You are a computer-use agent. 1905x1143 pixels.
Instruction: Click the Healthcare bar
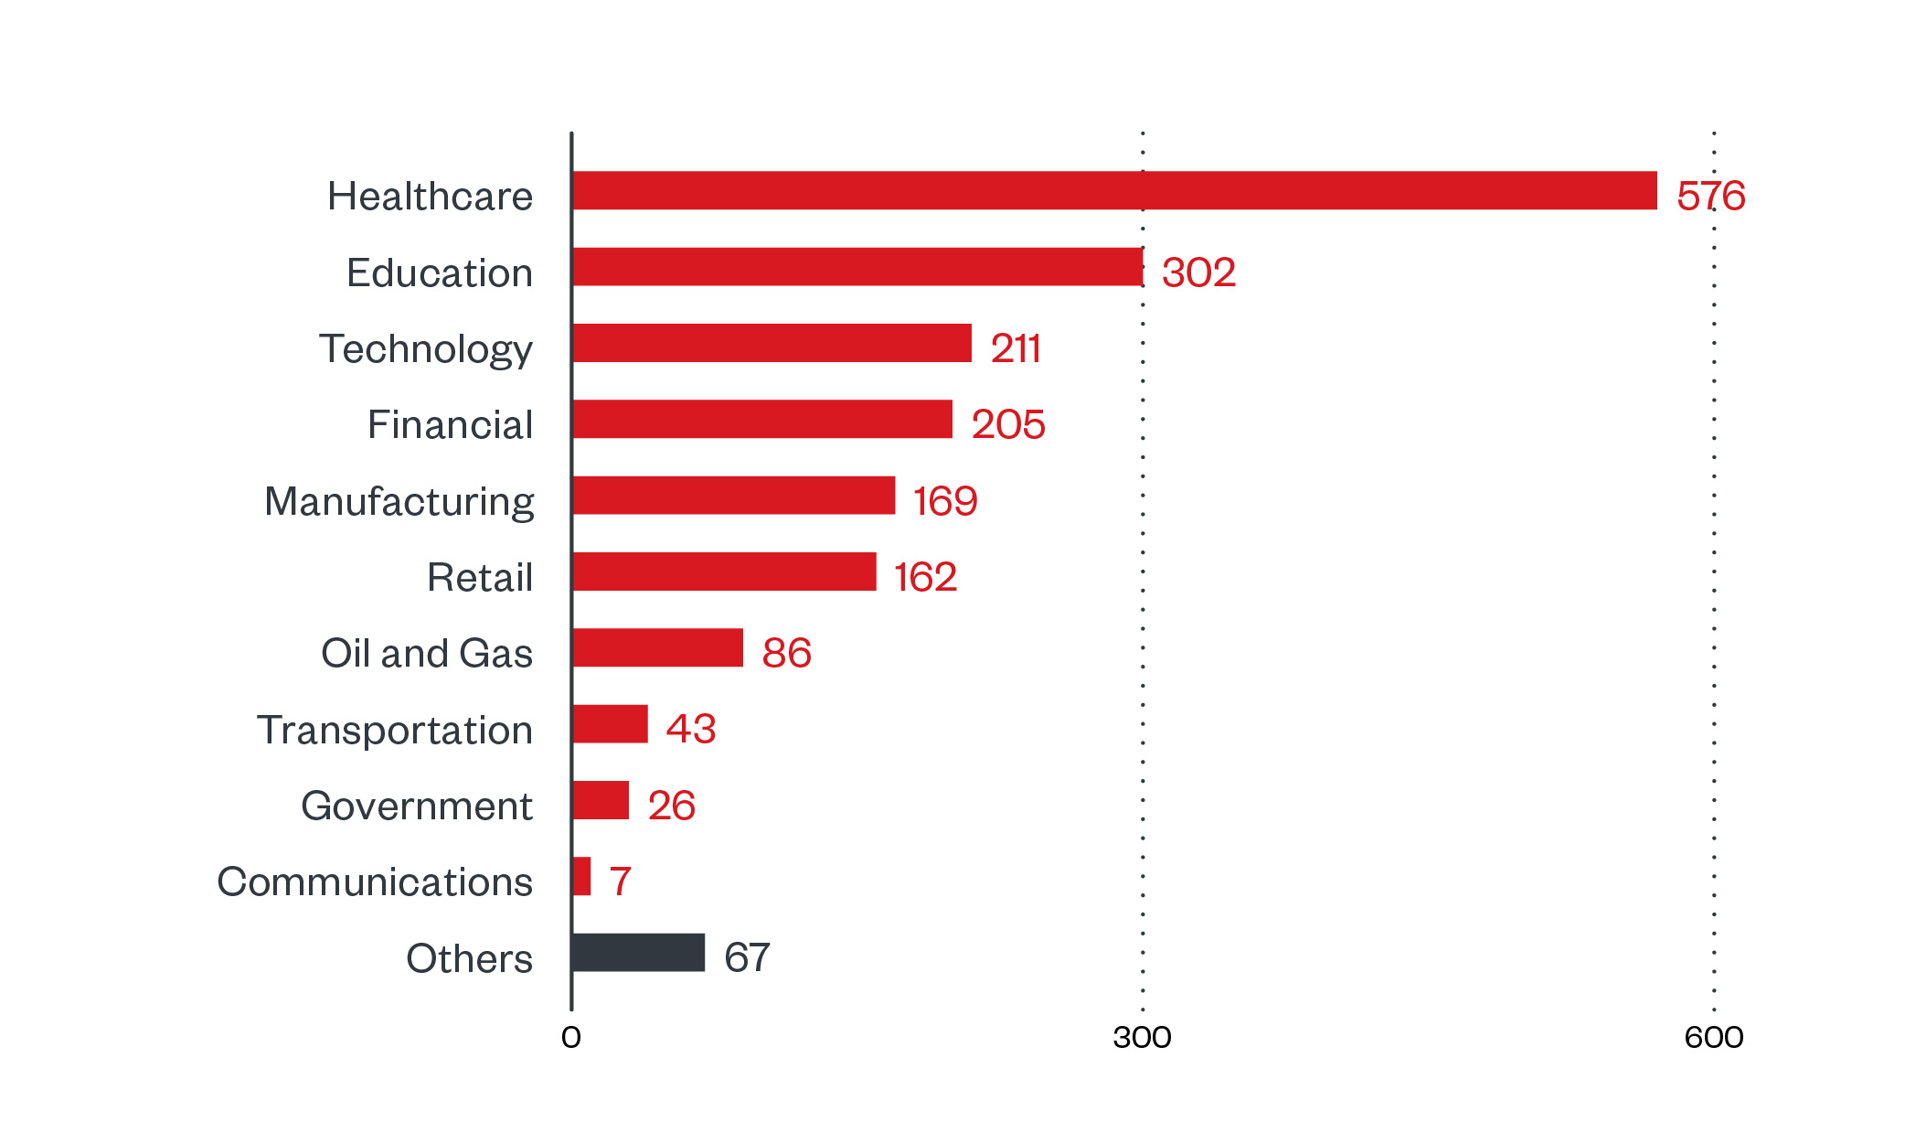1113,190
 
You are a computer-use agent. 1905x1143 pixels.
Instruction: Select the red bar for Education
857,267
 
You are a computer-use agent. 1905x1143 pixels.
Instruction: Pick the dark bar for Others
638,952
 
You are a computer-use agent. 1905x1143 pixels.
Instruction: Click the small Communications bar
581,876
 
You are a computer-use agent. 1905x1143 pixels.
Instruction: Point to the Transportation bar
610,724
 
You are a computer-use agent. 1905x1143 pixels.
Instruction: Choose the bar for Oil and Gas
657,647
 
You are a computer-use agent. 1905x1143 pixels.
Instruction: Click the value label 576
1710,196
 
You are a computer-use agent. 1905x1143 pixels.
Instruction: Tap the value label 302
1198,272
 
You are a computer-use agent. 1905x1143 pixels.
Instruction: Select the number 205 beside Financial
1007,424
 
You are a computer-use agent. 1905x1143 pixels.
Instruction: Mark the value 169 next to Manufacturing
944,501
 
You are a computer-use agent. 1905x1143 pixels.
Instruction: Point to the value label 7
620,881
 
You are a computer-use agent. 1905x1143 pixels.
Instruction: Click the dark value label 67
747,957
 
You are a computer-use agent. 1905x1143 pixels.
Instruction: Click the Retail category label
480,577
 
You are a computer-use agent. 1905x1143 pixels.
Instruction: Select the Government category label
417,806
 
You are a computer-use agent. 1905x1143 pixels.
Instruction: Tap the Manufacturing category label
399,501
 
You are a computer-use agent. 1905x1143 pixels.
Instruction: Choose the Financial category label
450,424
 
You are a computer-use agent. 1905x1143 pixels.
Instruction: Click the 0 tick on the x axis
571,1037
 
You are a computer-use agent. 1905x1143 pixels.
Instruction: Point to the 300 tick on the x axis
1142,1037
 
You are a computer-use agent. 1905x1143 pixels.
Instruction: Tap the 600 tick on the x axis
1713,1037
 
